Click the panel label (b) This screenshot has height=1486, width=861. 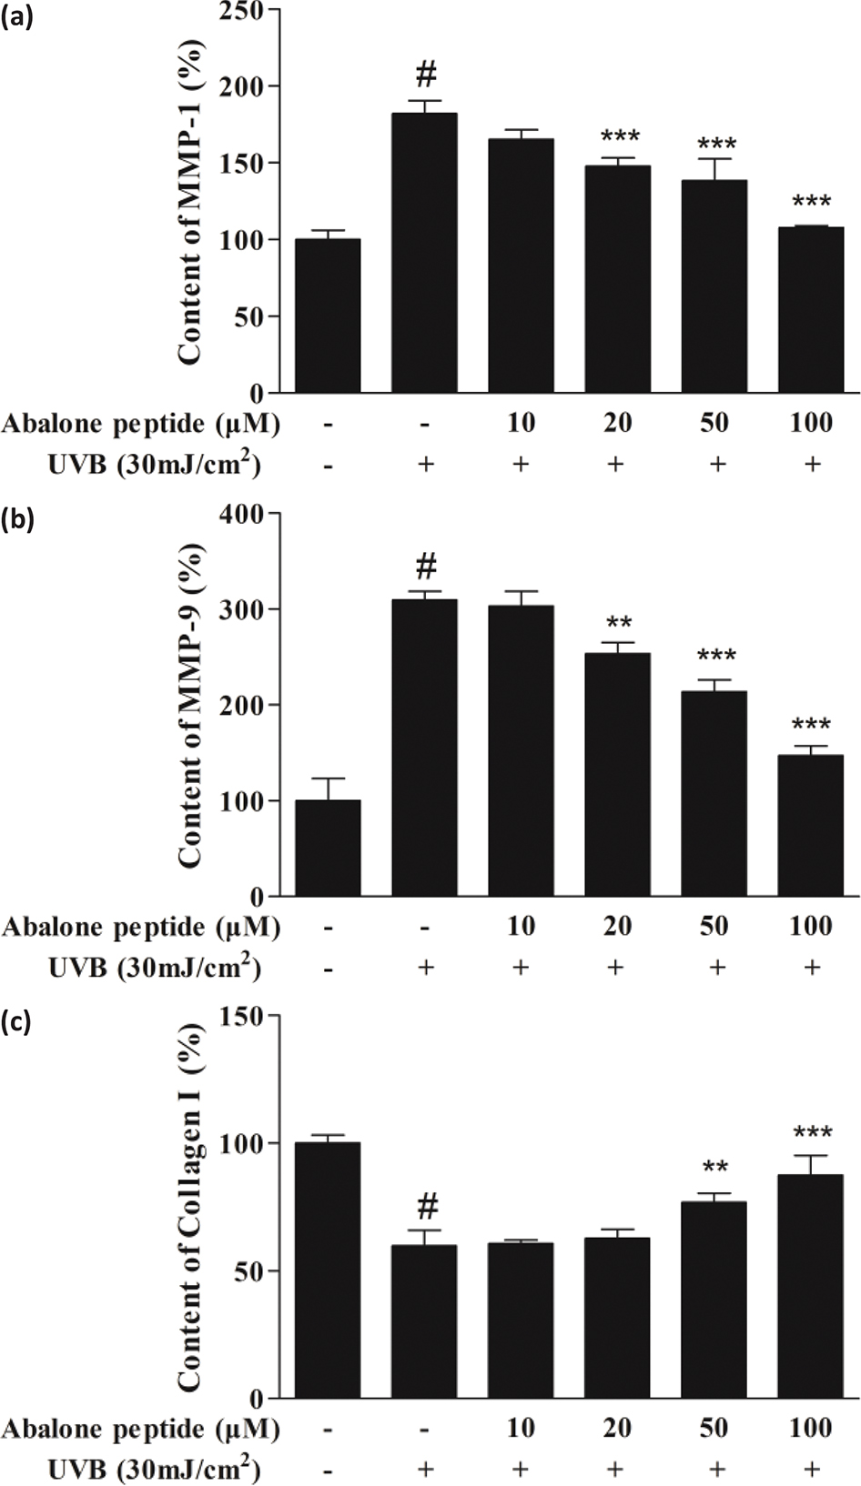(17, 522)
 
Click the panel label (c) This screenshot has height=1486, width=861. (17, 1022)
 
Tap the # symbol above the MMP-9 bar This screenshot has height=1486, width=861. (426, 568)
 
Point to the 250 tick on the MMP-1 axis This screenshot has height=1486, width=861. (242, 11)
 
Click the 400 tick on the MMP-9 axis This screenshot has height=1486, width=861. (242, 514)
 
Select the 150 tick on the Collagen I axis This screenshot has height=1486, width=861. (242, 1017)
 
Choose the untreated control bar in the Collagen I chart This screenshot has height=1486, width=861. (328, 1270)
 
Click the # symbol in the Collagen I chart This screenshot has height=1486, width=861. (427, 1208)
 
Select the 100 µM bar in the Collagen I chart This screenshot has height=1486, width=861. (810, 1286)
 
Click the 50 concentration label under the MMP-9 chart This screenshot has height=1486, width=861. (714, 926)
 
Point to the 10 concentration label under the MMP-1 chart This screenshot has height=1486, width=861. (521, 423)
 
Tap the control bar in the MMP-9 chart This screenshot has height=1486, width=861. (328, 848)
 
